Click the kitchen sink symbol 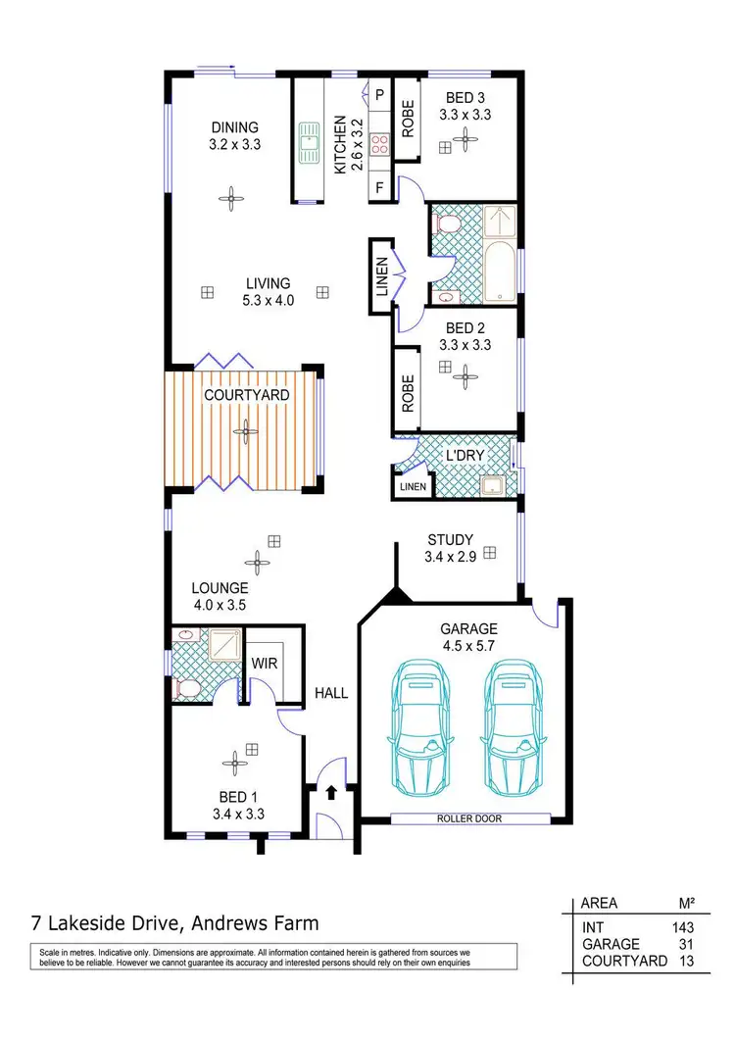point(311,142)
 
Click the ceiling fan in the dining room point(231,198)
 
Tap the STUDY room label point(450,539)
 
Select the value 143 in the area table point(682,926)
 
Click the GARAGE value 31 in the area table point(687,944)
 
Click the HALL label point(331,693)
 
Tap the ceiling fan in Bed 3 point(469,142)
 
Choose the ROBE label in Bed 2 point(407,392)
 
